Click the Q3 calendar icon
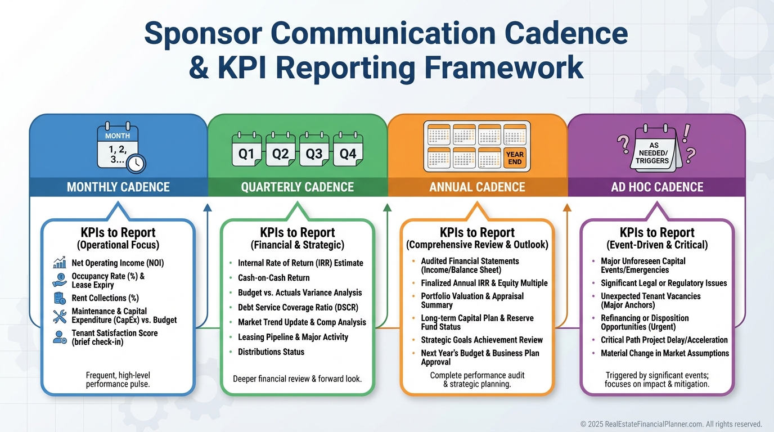pos(314,153)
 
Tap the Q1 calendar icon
pos(247,153)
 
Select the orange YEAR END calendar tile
pos(514,158)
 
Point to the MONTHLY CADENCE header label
pos(118,187)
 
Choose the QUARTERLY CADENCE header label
pos(298,187)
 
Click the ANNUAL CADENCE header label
pos(477,187)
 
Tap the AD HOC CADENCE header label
pos(657,187)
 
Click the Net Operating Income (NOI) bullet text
pos(118,263)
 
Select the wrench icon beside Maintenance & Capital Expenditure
pos(60,316)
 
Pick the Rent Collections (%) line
pos(105,298)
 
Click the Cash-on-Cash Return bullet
pos(274,278)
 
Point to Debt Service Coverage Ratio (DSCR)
pos(298,308)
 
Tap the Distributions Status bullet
pos(271,352)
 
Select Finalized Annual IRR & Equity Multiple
pos(484,283)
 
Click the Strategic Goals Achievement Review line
pos(482,340)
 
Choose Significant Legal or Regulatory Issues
pos(664,283)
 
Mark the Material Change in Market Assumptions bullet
pos(665,353)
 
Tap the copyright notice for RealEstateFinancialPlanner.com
pos(671,424)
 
